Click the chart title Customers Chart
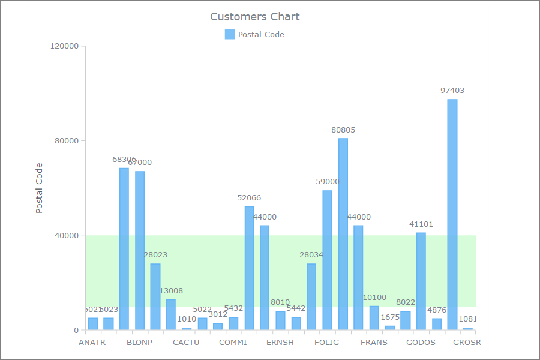tap(254, 17)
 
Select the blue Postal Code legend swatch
tap(230, 34)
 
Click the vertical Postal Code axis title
tap(40, 188)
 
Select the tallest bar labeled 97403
tap(452, 214)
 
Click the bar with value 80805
tap(343, 234)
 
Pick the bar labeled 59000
tap(328, 260)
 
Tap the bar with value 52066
tap(250, 268)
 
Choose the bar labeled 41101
tap(421, 281)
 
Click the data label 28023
tap(155, 255)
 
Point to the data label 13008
tap(171, 291)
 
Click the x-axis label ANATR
tap(92, 343)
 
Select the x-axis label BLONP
tap(139, 343)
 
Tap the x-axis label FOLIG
tap(326, 343)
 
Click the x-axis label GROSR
tap(467, 343)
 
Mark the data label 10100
tap(374, 298)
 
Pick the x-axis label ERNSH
tap(280, 343)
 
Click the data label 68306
tap(124, 160)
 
